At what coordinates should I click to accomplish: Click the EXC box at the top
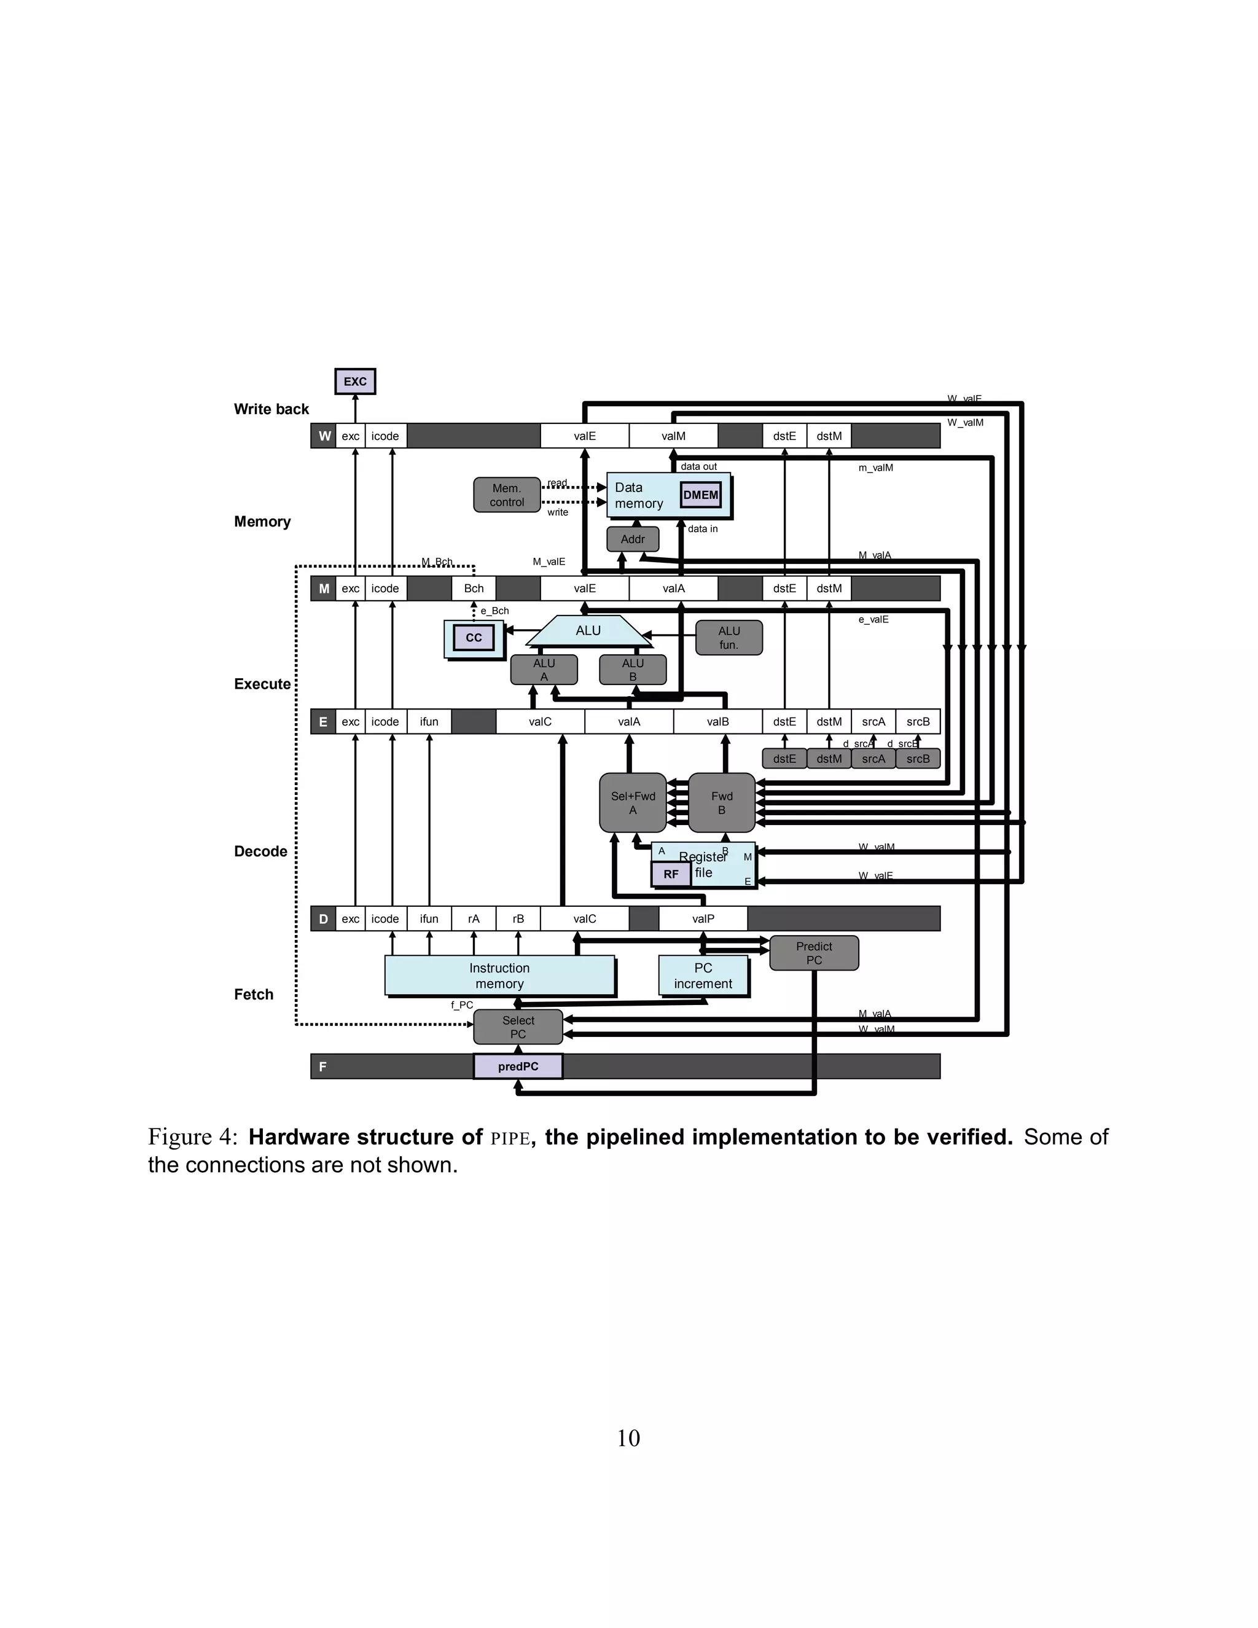[355, 381]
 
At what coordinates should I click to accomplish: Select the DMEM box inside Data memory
[700, 495]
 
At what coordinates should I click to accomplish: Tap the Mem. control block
[507, 495]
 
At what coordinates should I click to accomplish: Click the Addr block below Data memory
[633, 539]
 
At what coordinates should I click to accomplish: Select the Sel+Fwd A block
[633, 803]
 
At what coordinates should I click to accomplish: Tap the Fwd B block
[721, 803]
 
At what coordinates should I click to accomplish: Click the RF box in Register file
[671, 874]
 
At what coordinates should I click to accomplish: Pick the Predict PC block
[814, 953]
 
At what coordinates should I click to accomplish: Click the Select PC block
[518, 1027]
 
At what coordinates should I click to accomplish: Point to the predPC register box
[518, 1066]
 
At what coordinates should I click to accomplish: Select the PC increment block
[703, 975]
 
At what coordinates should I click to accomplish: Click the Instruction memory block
[499, 975]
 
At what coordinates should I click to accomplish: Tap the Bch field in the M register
[474, 588]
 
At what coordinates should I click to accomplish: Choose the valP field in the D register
[703, 918]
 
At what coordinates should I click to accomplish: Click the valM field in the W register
[673, 436]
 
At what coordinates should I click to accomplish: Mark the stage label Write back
[272, 409]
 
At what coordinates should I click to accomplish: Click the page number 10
[628, 1439]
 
